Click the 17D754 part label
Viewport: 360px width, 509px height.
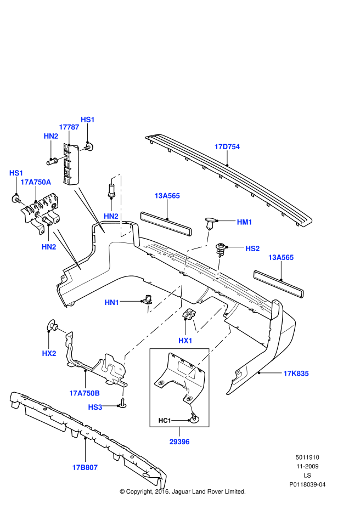[227, 146]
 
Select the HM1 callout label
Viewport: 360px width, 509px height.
[244, 222]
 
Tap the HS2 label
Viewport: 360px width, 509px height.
[252, 248]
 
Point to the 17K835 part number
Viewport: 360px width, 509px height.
[296, 373]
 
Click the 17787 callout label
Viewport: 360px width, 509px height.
[69, 127]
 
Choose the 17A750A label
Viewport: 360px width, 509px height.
[36, 182]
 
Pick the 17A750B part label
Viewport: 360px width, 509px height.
[85, 393]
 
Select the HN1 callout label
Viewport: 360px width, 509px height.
[112, 302]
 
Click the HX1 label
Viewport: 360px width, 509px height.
[185, 340]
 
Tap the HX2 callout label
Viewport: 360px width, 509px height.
[49, 353]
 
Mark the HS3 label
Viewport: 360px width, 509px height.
[95, 407]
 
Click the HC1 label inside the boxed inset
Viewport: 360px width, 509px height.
[165, 421]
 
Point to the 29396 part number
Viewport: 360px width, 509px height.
[179, 441]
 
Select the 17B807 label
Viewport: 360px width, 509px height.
[85, 467]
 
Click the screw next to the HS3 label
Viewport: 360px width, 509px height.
[123, 404]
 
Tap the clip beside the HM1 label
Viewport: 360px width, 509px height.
[210, 222]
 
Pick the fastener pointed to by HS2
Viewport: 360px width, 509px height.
[222, 248]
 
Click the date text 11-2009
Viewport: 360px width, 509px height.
[308, 466]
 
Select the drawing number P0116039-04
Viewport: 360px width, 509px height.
[308, 485]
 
